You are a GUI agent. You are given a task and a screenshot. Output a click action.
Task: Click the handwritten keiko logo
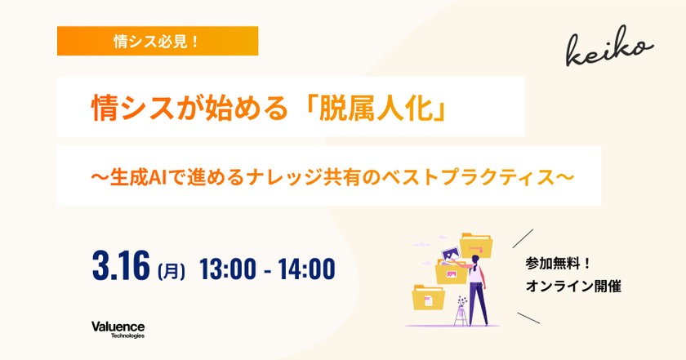point(609,47)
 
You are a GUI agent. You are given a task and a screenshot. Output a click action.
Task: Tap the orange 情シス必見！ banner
point(158,41)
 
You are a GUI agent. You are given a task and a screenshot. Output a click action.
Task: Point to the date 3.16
point(121,265)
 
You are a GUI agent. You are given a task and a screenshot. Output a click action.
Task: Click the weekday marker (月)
point(171,271)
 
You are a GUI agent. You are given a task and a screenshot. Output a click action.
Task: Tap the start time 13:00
point(228,269)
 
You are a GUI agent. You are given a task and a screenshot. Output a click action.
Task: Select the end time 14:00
point(306,269)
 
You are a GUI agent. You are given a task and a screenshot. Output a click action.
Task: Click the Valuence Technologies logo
point(118,330)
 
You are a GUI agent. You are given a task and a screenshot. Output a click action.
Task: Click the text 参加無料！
point(559,264)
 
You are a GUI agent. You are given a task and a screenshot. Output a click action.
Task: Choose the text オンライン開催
point(573,287)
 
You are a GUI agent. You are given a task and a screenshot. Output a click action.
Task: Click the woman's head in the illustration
point(475,260)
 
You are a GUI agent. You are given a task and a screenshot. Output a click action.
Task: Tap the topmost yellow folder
point(476,246)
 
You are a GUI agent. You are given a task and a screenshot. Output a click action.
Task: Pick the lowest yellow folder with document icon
point(428,297)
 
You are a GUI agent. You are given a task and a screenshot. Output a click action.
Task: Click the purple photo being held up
point(451,254)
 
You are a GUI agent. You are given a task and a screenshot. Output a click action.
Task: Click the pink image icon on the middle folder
point(451,274)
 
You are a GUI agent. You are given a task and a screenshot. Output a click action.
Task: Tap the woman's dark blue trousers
point(478,303)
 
